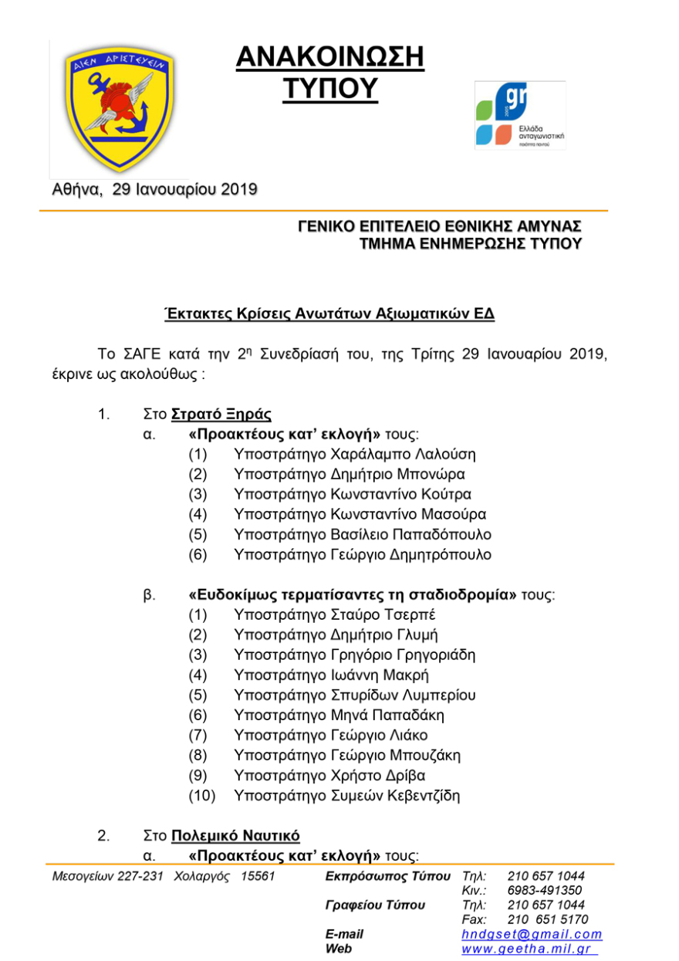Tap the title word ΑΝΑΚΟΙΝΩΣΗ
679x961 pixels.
pos(329,57)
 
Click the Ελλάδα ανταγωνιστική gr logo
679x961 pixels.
pos(519,116)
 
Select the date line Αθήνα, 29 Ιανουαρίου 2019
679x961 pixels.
pos(154,189)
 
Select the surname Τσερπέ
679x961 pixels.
pos(421,615)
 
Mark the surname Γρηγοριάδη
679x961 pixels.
pos(435,655)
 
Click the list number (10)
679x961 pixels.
pos(202,796)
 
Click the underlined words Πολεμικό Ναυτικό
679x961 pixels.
pos(235,836)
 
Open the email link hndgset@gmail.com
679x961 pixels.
pos(532,935)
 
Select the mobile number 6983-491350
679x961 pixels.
pos(545,891)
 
